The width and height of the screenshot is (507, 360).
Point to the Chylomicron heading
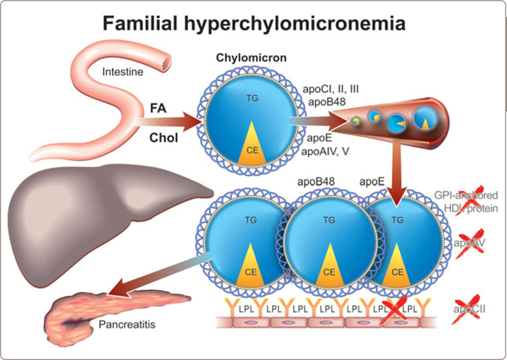click(x=249, y=58)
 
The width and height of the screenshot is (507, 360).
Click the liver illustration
click(x=94, y=217)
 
